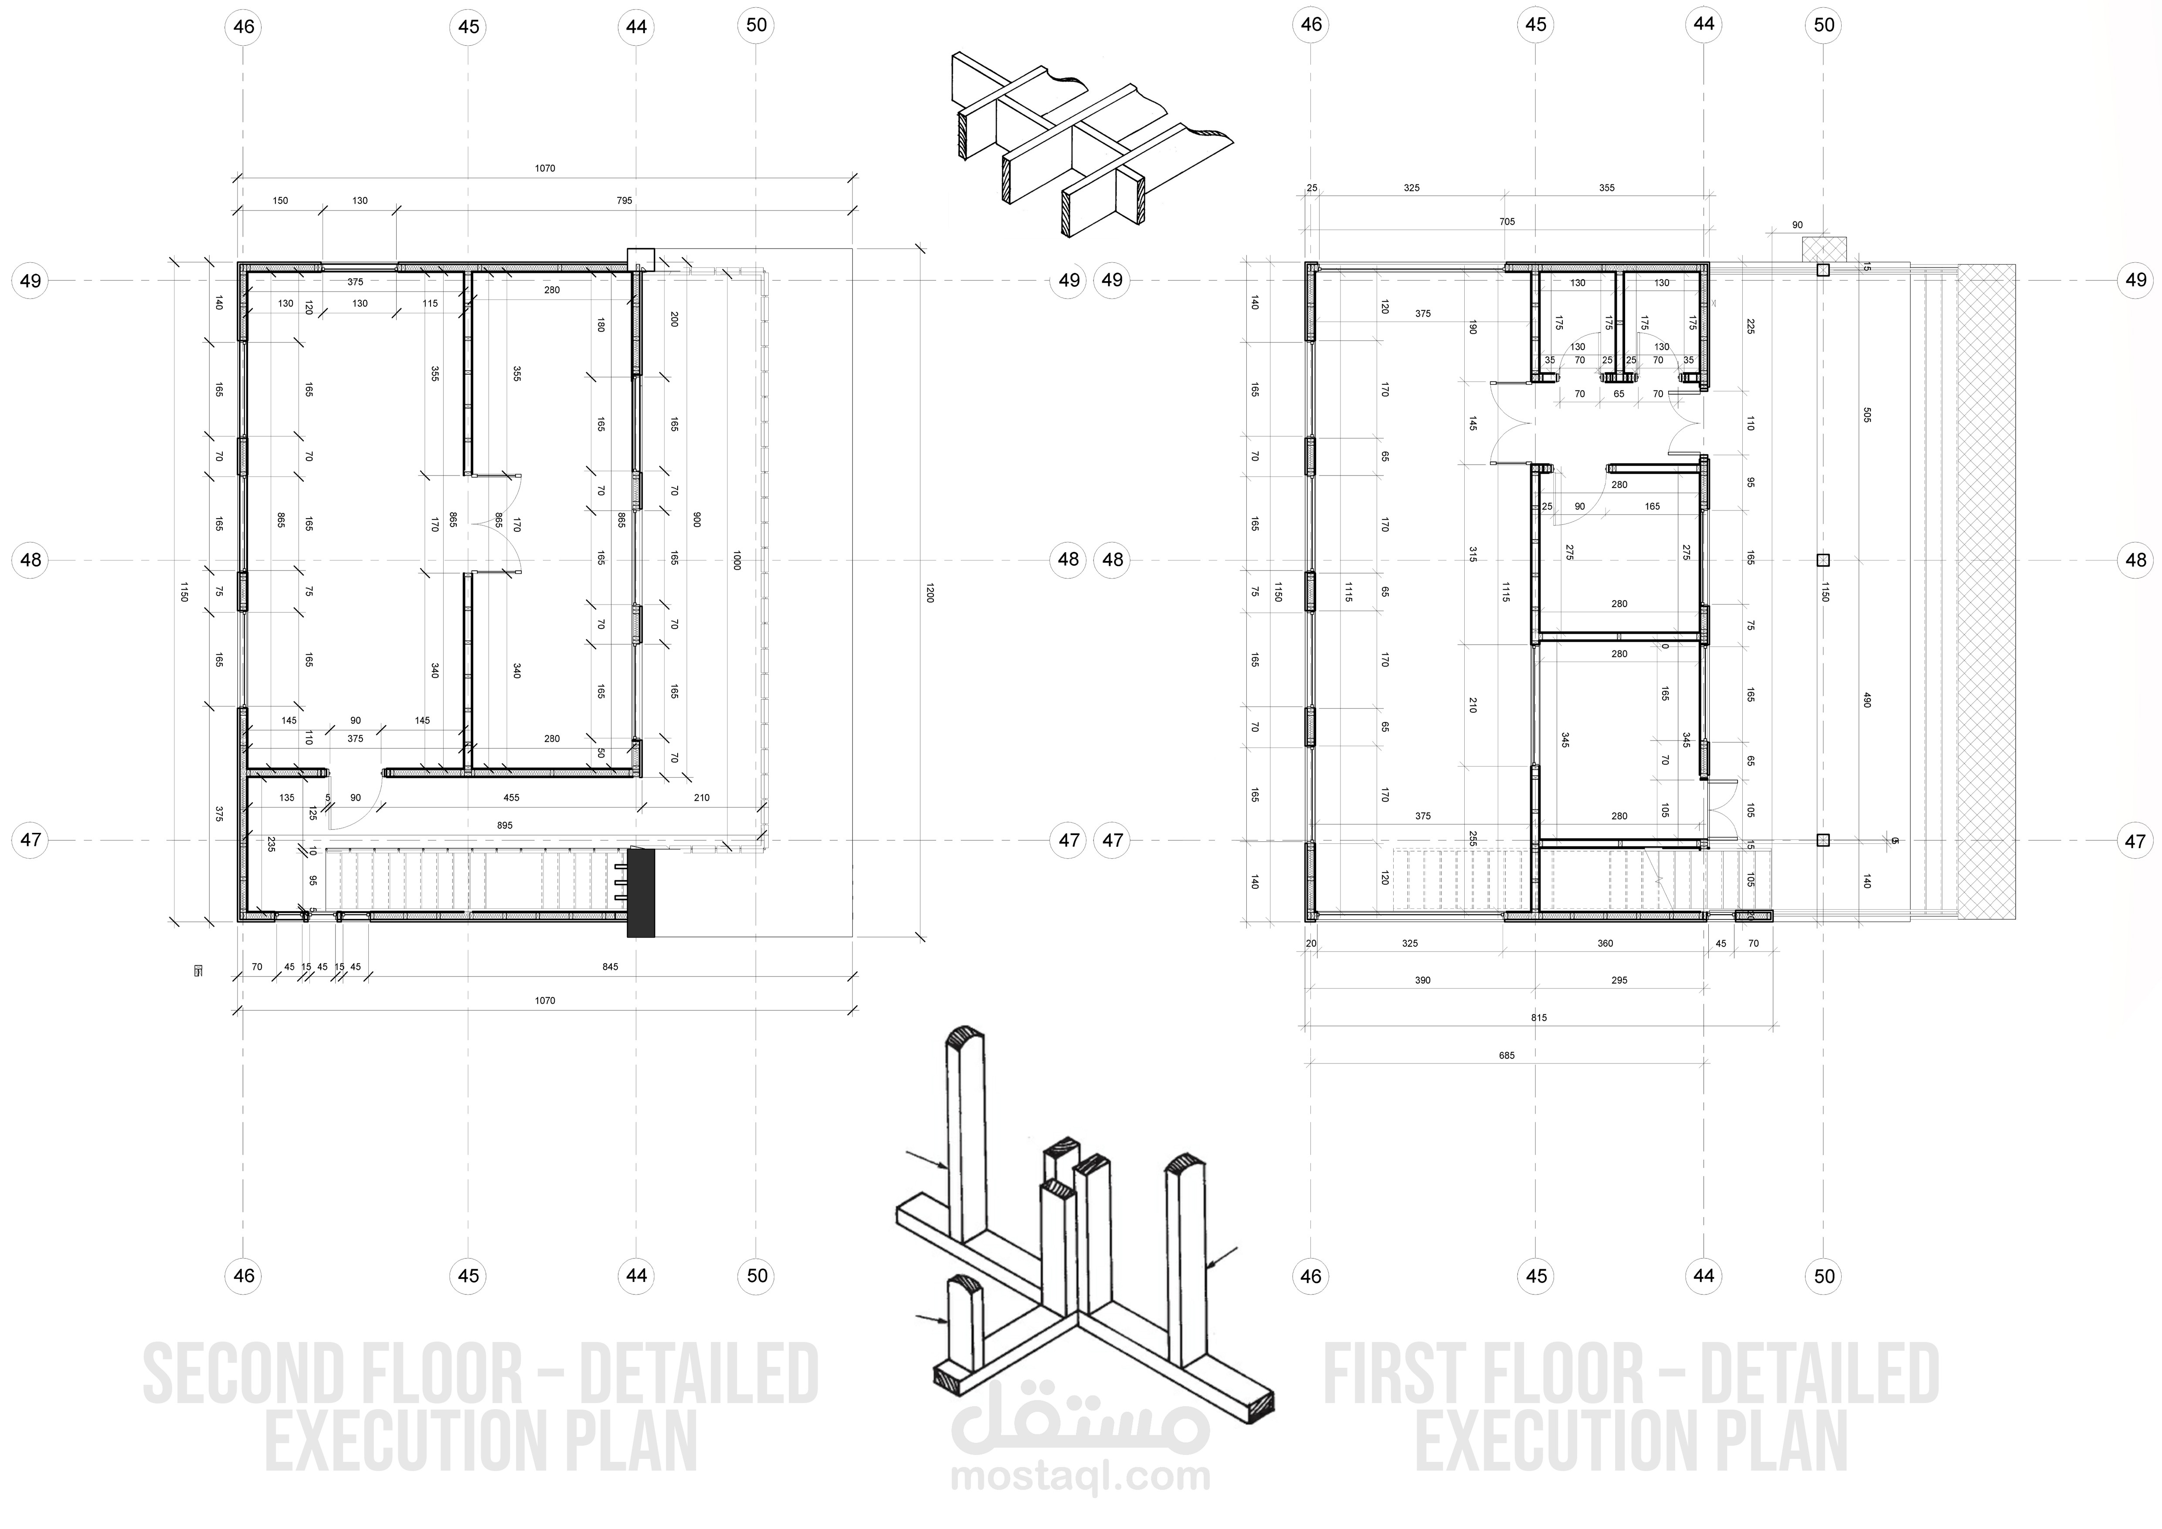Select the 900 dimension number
coord(697,519)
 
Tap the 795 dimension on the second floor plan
coord(625,200)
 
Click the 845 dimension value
coord(610,967)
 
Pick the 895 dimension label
coord(505,826)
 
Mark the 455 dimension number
coord(511,798)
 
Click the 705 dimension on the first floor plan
coord(1507,222)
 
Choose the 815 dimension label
coord(1539,1018)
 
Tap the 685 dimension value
coord(1507,1055)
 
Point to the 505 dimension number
coord(1867,414)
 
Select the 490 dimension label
coord(1867,700)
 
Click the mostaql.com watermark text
coord(1080,1476)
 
